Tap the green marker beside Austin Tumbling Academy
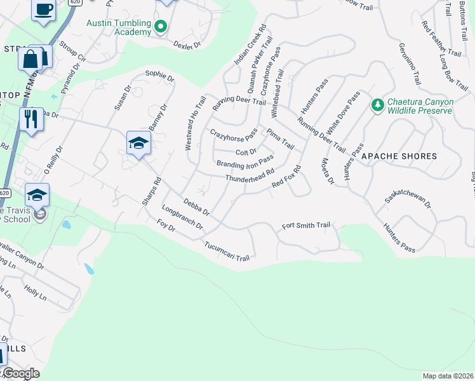click(x=161, y=27)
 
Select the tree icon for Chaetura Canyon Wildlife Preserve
click(x=377, y=104)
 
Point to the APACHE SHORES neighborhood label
click(x=399, y=156)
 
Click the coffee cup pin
click(x=43, y=10)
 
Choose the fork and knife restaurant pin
click(x=30, y=118)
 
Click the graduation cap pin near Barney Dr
click(x=138, y=144)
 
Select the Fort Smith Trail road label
click(x=306, y=225)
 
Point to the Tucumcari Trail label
click(x=227, y=251)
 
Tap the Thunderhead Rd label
click(x=250, y=175)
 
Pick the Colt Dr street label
click(x=246, y=152)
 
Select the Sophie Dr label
click(x=159, y=76)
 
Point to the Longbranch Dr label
click(x=182, y=217)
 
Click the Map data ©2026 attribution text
click(x=448, y=376)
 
